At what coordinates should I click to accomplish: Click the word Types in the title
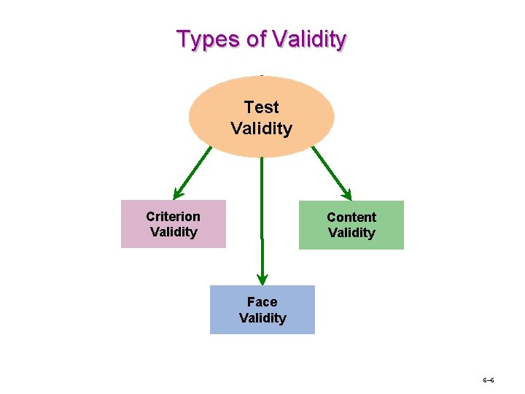[x=209, y=39]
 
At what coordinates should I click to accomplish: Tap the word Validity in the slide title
[x=310, y=39]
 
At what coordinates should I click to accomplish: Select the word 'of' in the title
[x=257, y=39]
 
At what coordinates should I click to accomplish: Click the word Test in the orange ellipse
[x=262, y=107]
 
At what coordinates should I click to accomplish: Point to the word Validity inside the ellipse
[x=262, y=129]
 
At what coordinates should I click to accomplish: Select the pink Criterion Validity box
[x=174, y=224]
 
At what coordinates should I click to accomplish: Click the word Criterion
[x=173, y=217]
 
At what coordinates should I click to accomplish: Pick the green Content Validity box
[x=351, y=225]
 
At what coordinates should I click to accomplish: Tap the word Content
[x=351, y=217]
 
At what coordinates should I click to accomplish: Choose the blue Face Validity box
[x=262, y=309]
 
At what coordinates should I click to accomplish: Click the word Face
[x=262, y=302]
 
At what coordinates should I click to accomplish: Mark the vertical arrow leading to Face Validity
[x=262, y=219]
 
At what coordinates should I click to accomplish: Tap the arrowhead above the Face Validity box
[x=262, y=279]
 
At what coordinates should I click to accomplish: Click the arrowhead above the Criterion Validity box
[x=177, y=193]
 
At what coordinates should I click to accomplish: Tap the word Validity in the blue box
[x=262, y=318]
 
